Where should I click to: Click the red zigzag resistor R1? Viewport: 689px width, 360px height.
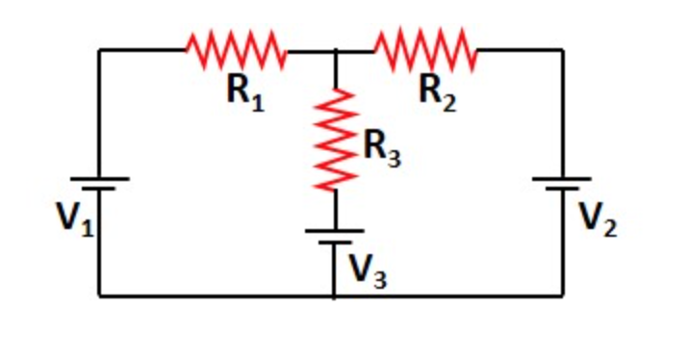pos(236,50)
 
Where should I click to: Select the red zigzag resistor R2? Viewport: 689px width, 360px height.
pos(426,50)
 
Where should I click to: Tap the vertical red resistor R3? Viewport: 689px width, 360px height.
pos(335,140)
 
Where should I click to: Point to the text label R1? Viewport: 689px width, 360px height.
pos(244,92)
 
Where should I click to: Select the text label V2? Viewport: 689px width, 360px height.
pos(598,220)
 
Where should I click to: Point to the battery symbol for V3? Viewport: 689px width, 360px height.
pos(335,237)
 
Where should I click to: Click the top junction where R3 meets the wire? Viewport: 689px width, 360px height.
pos(335,50)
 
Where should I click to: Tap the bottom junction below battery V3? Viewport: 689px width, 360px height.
pos(335,296)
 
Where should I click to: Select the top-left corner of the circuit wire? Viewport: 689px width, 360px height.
pos(100,50)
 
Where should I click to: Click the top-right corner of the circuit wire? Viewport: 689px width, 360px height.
pos(563,50)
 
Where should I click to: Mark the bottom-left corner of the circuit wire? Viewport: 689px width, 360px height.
pos(100,296)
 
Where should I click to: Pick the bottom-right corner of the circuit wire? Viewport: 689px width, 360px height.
pos(563,296)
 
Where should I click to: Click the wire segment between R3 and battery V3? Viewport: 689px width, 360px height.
pos(335,210)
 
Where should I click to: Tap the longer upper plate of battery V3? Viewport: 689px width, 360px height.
pos(335,231)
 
